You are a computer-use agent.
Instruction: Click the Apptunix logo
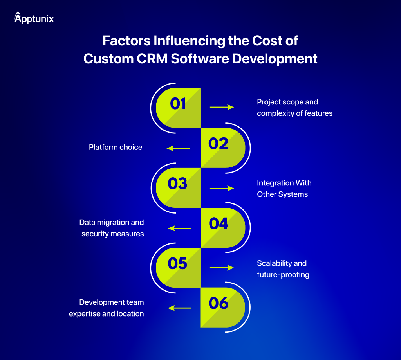[34, 18]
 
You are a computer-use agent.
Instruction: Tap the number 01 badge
[179, 104]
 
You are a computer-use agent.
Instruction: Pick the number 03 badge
[178, 184]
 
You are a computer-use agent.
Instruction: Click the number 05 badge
[178, 264]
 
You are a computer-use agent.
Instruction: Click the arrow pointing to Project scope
[221, 107]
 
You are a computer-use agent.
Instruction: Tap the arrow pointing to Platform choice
[178, 148]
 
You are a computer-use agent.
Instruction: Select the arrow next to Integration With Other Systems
[221, 188]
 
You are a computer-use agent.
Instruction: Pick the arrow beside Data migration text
[179, 228]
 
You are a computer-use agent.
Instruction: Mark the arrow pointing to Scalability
[221, 268]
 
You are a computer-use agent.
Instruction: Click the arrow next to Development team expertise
[179, 308]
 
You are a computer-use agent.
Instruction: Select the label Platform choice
[116, 148]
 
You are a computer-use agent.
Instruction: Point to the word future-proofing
[283, 275]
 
